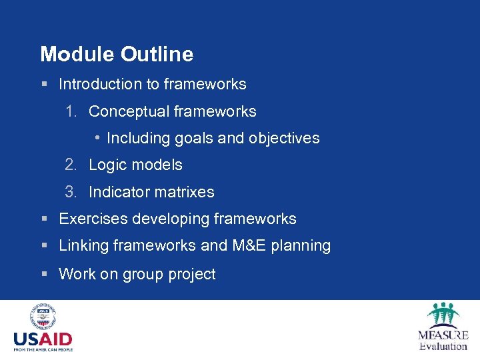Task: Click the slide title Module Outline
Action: [x=117, y=54]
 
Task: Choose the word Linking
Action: [x=84, y=245]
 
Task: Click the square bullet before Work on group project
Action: [x=43, y=274]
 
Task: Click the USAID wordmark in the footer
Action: [x=43, y=339]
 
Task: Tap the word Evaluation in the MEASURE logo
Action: [x=443, y=346]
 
